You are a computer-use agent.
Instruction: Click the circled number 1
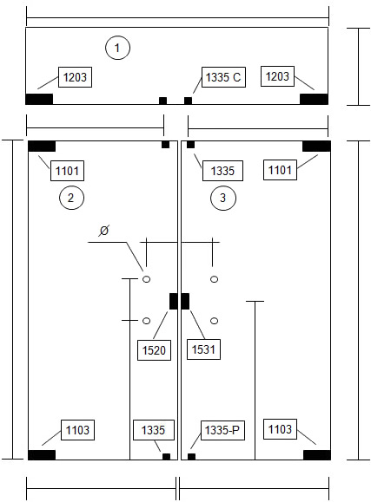[x=117, y=48]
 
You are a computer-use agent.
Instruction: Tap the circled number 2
[x=71, y=198]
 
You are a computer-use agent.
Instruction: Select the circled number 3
[x=223, y=198]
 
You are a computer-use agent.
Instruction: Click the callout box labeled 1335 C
[x=223, y=77]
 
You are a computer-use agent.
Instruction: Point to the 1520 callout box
[x=154, y=350]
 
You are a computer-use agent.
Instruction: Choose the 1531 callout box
[x=203, y=349]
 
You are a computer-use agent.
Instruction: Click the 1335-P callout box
[x=222, y=430]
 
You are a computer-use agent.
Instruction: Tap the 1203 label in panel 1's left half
[x=75, y=77]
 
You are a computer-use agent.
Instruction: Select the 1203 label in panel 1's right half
[x=278, y=76]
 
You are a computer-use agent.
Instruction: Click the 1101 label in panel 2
[x=68, y=171]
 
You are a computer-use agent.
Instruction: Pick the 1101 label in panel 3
[x=280, y=170]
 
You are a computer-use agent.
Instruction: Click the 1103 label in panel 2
[x=77, y=430]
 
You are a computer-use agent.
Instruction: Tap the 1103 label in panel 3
[x=280, y=429]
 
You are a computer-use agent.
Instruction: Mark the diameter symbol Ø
[x=104, y=230]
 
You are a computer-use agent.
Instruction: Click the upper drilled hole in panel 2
[x=146, y=279]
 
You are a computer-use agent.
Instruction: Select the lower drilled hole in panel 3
[x=214, y=321]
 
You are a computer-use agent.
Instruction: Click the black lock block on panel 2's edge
[x=173, y=301]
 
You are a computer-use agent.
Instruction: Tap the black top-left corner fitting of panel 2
[x=42, y=146]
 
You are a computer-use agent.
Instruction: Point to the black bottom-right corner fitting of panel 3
[x=317, y=455]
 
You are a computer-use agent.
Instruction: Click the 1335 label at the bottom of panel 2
[x=154, y=430]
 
